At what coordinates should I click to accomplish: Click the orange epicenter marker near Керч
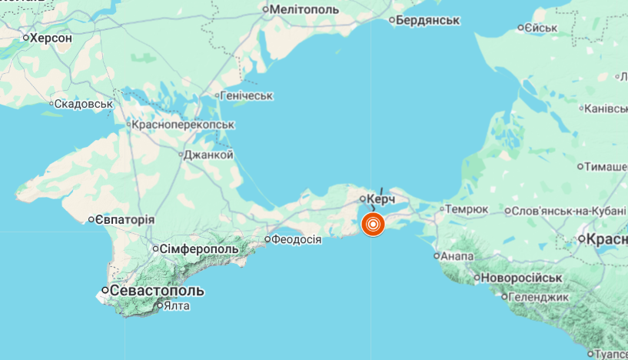[373, 224]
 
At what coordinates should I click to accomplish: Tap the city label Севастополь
[158, 291]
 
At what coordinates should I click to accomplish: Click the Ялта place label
[176, 305]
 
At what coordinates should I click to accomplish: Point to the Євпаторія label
[125, 220]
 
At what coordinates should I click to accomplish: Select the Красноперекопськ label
[183, 124]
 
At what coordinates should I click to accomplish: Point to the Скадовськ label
[85, 103]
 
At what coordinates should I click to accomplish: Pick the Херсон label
[51, 37]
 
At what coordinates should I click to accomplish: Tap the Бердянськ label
[428, 20]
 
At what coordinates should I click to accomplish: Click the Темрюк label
[467, 208]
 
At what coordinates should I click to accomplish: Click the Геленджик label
[540, 296]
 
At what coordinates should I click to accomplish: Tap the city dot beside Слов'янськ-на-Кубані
[508, 211]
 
